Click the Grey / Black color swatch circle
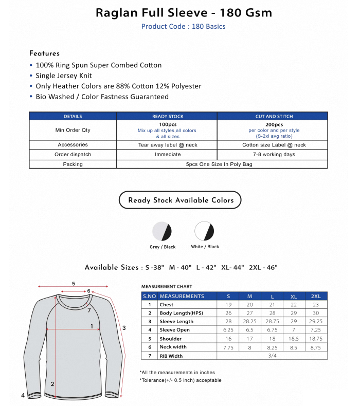tap(162, 232)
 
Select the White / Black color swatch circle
tap(204, 231)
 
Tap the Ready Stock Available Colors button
tap(180, 200)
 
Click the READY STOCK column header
tap(168, 117)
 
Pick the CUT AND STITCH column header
tap(273, 117)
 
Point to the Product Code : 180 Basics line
tap(183, 26)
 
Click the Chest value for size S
tap(228, 305)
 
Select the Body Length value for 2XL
tap(315, 313)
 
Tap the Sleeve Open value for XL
tap(294, 330)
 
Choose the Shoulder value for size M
tap(250, 339)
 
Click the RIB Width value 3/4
tap(272, 356)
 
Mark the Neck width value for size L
tap(272, 347)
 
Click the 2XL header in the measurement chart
tap(315, 297)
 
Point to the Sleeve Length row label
tap(176, 322)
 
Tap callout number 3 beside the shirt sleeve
tap(124, 327)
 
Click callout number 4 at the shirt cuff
tap(23, 396)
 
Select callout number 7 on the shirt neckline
tap(88, 310)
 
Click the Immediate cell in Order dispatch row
tap(168, 154)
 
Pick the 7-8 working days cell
tap(274, 154)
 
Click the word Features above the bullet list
tap(44, 53)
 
